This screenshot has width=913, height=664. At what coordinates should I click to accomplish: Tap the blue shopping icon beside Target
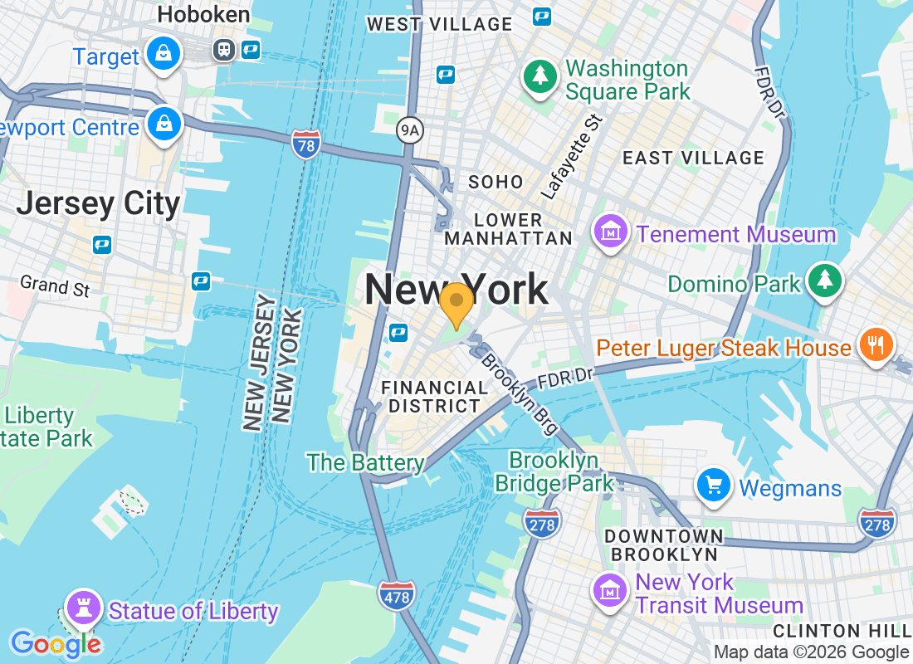(x=164, y=55)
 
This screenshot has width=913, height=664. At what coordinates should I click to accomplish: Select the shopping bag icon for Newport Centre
(x=164, y=124)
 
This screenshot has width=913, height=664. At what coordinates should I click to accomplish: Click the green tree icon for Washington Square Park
(x=540, y=77)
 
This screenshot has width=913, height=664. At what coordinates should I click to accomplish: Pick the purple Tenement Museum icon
(x=612, y=233)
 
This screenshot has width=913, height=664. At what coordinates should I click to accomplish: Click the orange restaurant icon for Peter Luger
(x=876, y=344)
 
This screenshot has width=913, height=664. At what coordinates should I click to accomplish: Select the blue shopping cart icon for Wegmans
(x=713, y=486)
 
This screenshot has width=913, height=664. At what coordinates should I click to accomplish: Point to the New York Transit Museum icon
(x=610, y=590)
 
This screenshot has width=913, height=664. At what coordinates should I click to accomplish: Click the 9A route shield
(x=409, y=129)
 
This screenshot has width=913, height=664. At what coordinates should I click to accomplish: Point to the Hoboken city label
(x=203, y=14)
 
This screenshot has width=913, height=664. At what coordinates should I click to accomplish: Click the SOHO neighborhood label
(x=496, y=182)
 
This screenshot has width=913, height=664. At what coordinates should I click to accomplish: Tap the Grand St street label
(x=55, y=286)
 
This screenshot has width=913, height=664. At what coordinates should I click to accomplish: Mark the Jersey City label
(x=98, y=203)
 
